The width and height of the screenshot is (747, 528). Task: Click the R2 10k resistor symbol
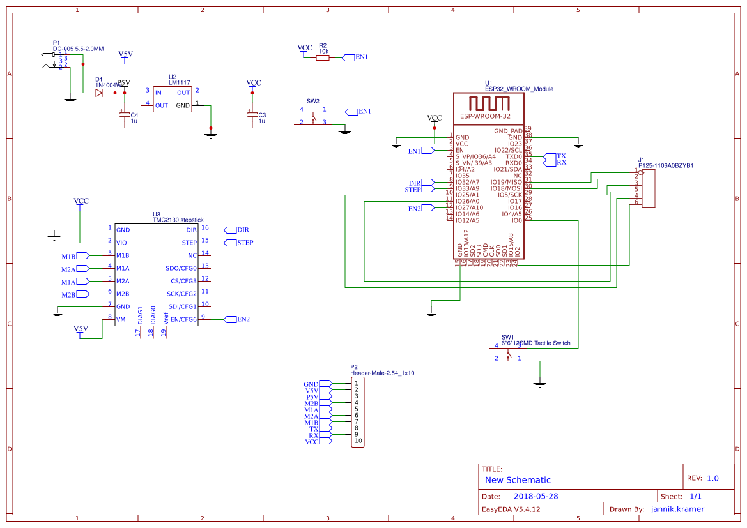(323, 57)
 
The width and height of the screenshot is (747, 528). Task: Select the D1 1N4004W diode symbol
(99, 93)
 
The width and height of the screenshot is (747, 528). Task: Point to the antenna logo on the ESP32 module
(489, 103)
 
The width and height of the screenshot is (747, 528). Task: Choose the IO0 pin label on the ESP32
(516, 220)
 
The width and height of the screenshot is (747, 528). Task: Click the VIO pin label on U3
(121, 243)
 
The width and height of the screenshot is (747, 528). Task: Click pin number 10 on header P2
(358, 441)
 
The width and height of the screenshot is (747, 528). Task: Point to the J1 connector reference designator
(641, 160)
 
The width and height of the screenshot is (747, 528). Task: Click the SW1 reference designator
(507, 336)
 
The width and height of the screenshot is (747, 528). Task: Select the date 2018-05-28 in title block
(535, 496)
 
